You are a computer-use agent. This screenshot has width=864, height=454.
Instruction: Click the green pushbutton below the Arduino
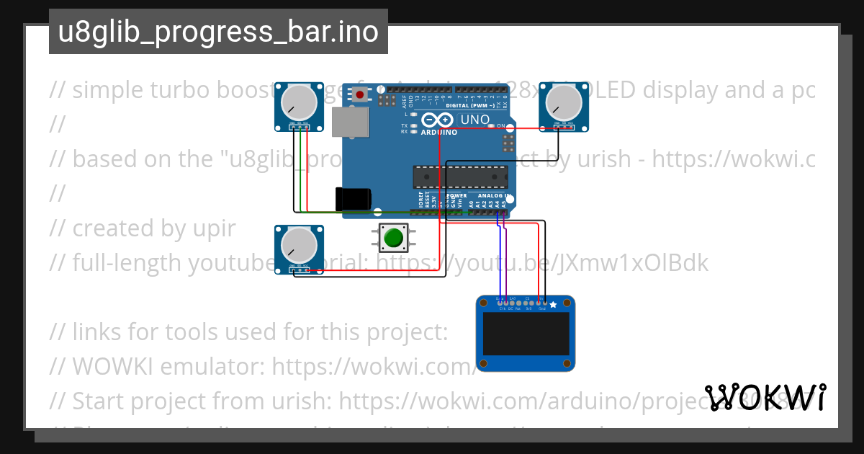(x=393, y=238)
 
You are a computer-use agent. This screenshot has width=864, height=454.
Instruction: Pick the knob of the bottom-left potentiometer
(x=297, y=245)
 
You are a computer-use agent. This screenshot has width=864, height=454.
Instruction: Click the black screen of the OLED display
(x=526, y=334)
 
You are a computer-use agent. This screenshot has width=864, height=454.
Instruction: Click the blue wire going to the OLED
(x=499, y=259)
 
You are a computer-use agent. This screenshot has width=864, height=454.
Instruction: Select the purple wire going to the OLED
(x=505, y=259)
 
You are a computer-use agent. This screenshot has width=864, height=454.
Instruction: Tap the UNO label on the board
(x=474, y=120)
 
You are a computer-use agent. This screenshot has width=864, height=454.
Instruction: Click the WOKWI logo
(x=765, y=397)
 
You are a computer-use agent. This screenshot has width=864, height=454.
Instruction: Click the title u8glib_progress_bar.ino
(x=218, y=32)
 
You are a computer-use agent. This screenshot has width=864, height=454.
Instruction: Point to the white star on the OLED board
(x=553, y=306)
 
